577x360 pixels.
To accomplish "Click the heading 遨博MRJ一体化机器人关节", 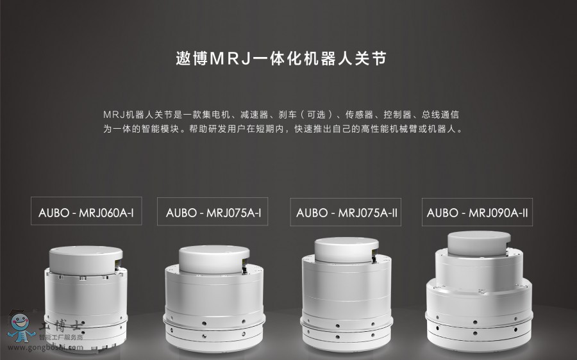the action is point(281,59).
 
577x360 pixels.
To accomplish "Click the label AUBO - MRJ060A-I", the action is point(86,213).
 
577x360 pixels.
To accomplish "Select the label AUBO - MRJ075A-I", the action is point(213,213).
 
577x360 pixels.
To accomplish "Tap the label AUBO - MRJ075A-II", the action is point(347,213).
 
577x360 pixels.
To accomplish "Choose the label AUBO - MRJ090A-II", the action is point(477,213).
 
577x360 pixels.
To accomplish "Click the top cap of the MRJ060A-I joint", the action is point(86,260).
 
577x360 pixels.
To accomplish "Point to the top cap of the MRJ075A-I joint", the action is point(214,259).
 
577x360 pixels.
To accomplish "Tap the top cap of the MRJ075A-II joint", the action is point(347,250).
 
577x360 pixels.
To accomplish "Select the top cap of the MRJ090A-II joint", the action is point(479,243).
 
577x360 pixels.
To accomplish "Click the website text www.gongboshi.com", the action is point(46,347).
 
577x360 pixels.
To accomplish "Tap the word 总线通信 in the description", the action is point(440,115).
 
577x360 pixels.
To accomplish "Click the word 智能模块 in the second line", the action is point(160,129).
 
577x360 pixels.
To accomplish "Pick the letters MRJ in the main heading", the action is point(230,59).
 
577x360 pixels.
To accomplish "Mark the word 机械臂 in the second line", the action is point(404,129).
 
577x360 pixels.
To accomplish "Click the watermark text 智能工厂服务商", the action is point(61,337).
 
